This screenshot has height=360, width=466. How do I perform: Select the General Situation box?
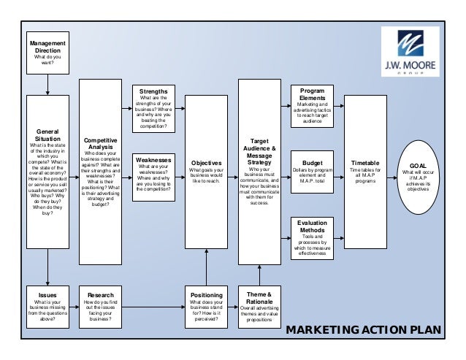[48, 172]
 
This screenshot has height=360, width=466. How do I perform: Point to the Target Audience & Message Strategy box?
[259, 172]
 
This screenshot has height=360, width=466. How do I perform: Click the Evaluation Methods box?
[313, 238]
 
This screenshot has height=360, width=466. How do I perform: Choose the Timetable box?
[364, 172]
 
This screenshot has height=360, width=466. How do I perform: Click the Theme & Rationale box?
[259, 307]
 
